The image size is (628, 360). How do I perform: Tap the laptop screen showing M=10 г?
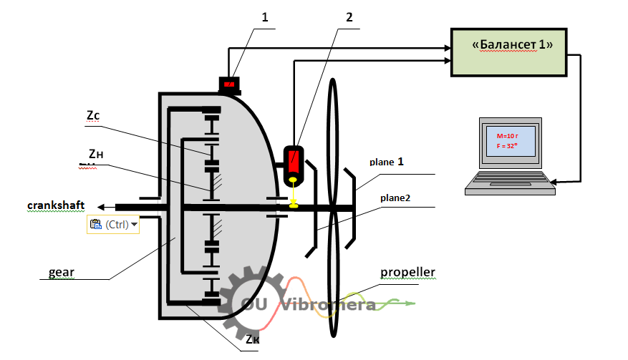pyautogui.click(x=510, y=137)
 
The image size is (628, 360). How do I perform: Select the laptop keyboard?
pyautogui.click(x=510, y=185)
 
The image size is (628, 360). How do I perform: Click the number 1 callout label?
pyautogui.click(x=264, y=17)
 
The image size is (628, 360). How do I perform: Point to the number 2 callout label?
pyautogui.click(x=349, y=17)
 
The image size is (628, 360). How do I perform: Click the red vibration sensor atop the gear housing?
pyautogui.click(x=230, y=85)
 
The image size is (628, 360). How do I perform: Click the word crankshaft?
pyautogui.click(x=56, y=205)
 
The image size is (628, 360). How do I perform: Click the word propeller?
pyautogui.click(x=408, y=273)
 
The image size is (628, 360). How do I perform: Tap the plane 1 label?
pyautogui.click(x=387, y=162)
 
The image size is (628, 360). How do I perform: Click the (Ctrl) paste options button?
pyautogui.click(x=113, y=224)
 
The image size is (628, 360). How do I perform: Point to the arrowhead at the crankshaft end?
pyautogui.click(x=100, y=207)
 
